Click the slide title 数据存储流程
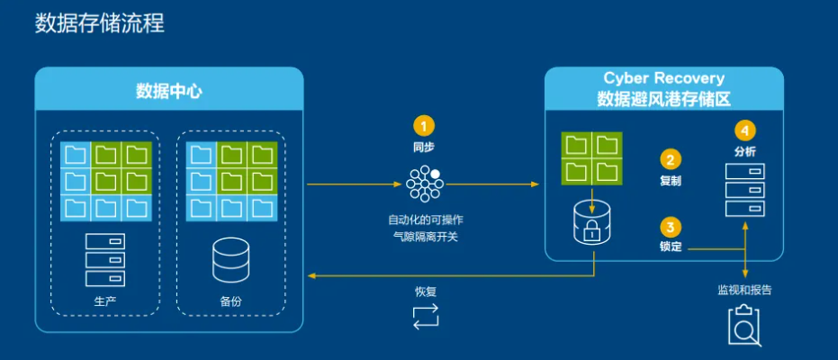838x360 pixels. (100, 24)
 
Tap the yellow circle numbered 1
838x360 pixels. (424, 126)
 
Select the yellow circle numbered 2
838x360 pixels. (671, 159)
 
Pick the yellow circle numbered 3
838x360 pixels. (671, 227)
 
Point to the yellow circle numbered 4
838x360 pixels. (745, 130)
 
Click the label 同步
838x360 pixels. (424, 148)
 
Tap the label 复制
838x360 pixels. (671, 181)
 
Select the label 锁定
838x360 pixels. (671, 247)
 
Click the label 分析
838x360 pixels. (745, 151)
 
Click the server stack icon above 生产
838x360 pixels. (105, 259)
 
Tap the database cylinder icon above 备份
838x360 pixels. (230, 260)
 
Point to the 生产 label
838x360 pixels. (105, 301)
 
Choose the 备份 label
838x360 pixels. (230, 301)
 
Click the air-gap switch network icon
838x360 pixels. (424, 184)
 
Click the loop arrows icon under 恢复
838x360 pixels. (426, 316)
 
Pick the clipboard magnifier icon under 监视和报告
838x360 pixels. (745, 325)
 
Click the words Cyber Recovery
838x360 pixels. (663, 78)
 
